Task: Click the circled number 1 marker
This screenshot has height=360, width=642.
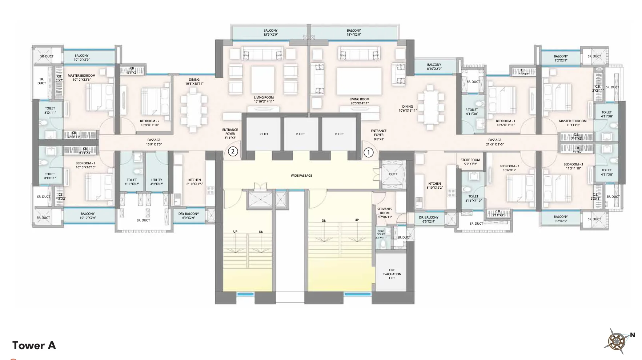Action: point(368,152)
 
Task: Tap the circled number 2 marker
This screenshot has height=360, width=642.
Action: point(233,151)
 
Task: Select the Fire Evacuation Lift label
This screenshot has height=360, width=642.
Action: point(392,274)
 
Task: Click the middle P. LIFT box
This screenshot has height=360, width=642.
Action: point(300,134)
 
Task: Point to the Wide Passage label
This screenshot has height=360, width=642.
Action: point(301,176)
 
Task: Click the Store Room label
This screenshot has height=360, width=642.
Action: point(470,162)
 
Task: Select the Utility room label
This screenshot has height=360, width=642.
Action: point(157,182)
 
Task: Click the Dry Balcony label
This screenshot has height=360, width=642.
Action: point(189,216)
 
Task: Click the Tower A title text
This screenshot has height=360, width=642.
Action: point(34,345)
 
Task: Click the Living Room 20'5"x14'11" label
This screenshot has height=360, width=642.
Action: point(359,101)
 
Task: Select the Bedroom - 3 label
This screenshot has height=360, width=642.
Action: point(573,166)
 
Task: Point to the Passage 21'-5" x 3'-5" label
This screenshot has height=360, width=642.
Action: point(495,142)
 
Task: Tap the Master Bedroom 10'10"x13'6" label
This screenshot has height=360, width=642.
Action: point(81,77)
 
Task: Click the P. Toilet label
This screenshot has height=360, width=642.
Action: point(472,112)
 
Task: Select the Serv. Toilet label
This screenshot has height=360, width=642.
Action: point(381,234)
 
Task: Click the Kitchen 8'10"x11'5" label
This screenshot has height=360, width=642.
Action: point(194,182)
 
